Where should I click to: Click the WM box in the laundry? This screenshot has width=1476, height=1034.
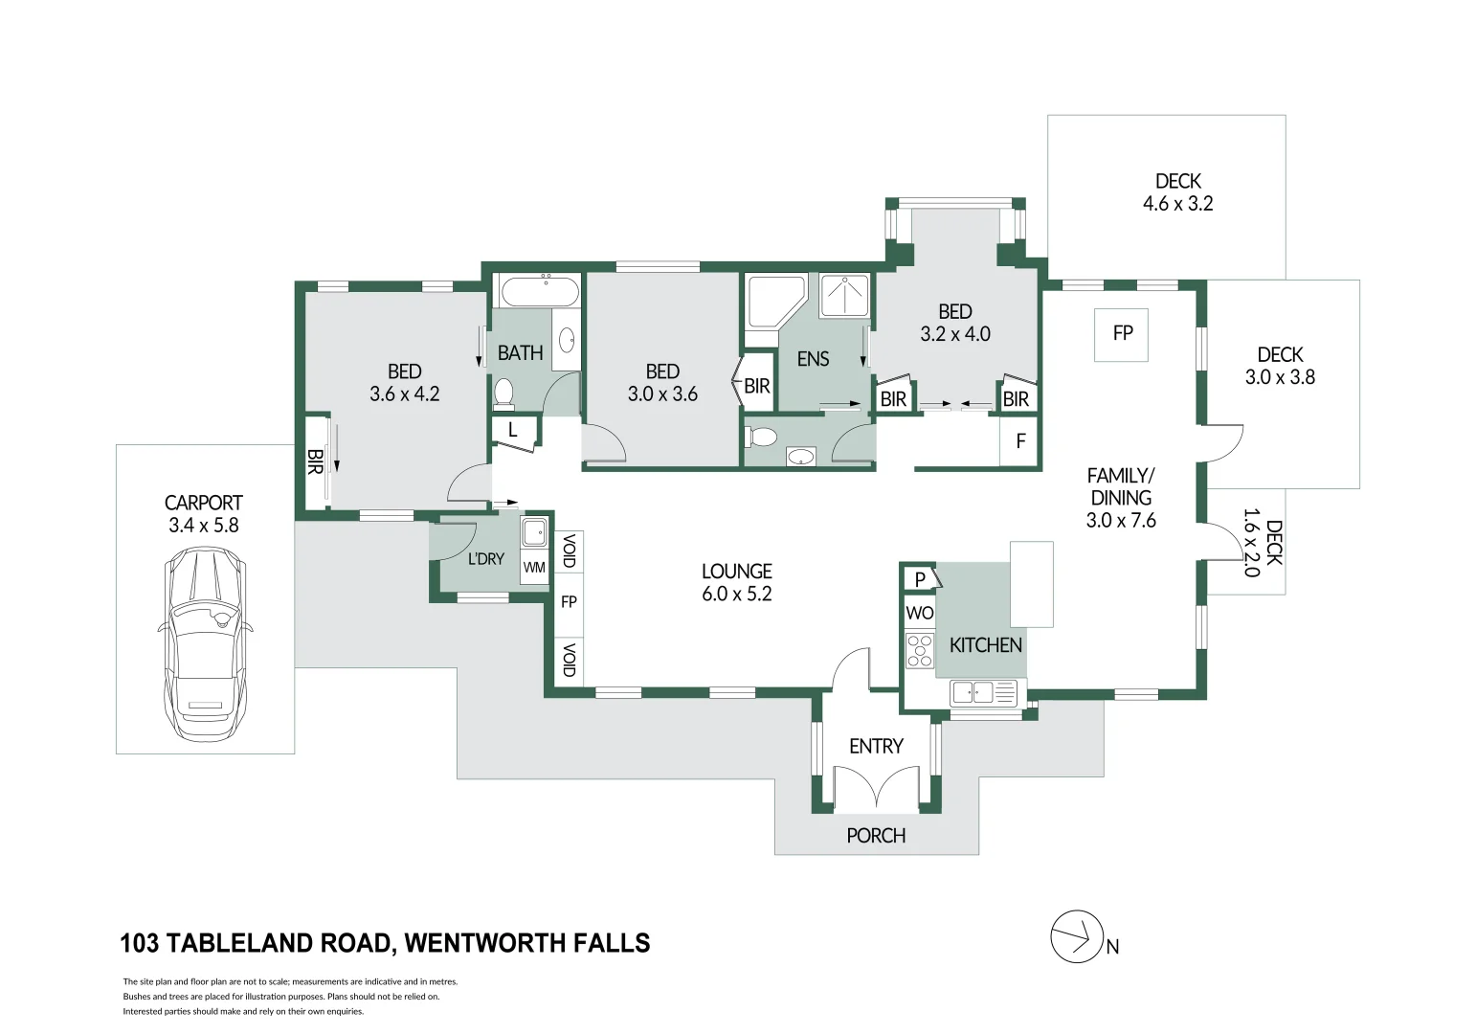(x=534, y=567)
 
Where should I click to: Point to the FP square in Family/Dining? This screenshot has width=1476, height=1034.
(x=1122, y=333)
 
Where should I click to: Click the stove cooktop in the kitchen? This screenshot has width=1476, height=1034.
(x=920, y=650)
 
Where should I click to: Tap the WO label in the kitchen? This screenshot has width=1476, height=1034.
(x=919, y=613)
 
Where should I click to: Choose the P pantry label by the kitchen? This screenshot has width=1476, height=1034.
(x=920, y=579)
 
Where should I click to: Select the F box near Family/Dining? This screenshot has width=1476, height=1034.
(x=1020, y=441)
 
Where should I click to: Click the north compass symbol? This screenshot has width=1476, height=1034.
(x=1077, y=936)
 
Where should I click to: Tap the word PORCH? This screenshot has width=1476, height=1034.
(x=876, y=836)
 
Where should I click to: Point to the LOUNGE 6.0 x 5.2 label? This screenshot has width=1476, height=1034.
(x=736, y=582)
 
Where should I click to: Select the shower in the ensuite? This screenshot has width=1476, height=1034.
(x=844, y=296)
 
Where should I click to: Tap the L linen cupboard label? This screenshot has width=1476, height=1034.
(x=513, y=430)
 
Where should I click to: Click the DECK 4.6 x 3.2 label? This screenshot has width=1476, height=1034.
(x=1177, y=191)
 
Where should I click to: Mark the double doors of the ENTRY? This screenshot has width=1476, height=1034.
(x=877, y=787)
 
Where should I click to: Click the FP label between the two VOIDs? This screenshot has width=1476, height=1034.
(x=569, y=602)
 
